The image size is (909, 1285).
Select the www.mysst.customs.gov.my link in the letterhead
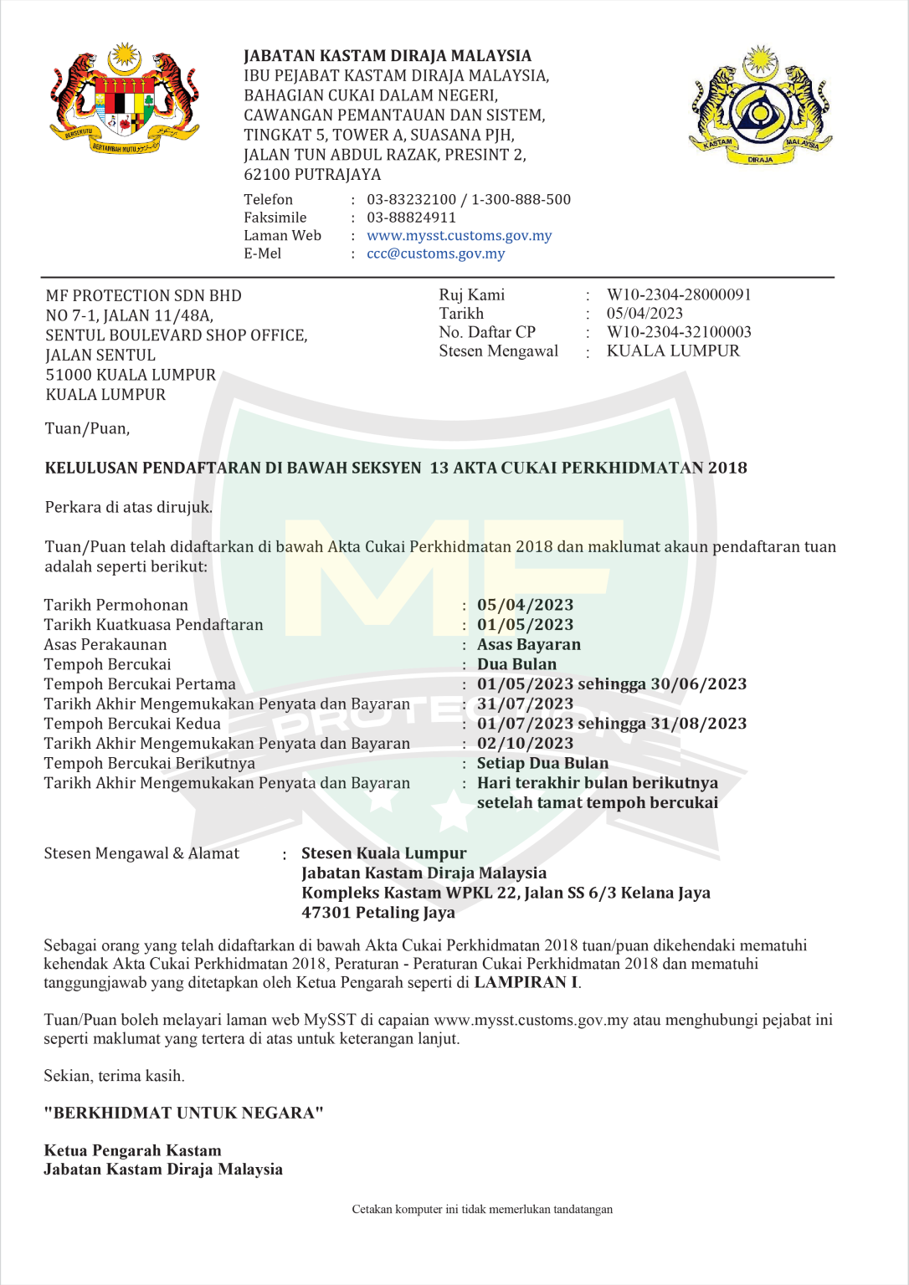[459, 236]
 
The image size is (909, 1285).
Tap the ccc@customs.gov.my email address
[435, 253]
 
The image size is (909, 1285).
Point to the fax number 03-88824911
[411, 218]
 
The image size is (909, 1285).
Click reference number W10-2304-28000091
[679, 294]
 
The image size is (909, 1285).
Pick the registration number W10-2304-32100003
[679, 332]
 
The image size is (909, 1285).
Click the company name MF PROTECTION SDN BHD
[143, 295]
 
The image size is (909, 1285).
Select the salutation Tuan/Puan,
[87, 428]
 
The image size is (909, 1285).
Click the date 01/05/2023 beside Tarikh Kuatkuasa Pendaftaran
[525, 625]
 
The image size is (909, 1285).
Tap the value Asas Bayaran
[528, 644]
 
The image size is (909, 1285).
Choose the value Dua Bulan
[516, 664]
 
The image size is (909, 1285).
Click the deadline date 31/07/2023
[525, 704]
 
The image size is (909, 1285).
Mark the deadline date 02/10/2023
[525, 744]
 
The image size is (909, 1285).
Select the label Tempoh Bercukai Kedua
[132, 724]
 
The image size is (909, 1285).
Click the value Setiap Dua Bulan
[542, 763]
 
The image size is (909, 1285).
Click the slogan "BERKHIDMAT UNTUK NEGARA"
[183, 1113]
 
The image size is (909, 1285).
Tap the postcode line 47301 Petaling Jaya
[378, 913]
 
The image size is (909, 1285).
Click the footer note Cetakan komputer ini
[482, 1210]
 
